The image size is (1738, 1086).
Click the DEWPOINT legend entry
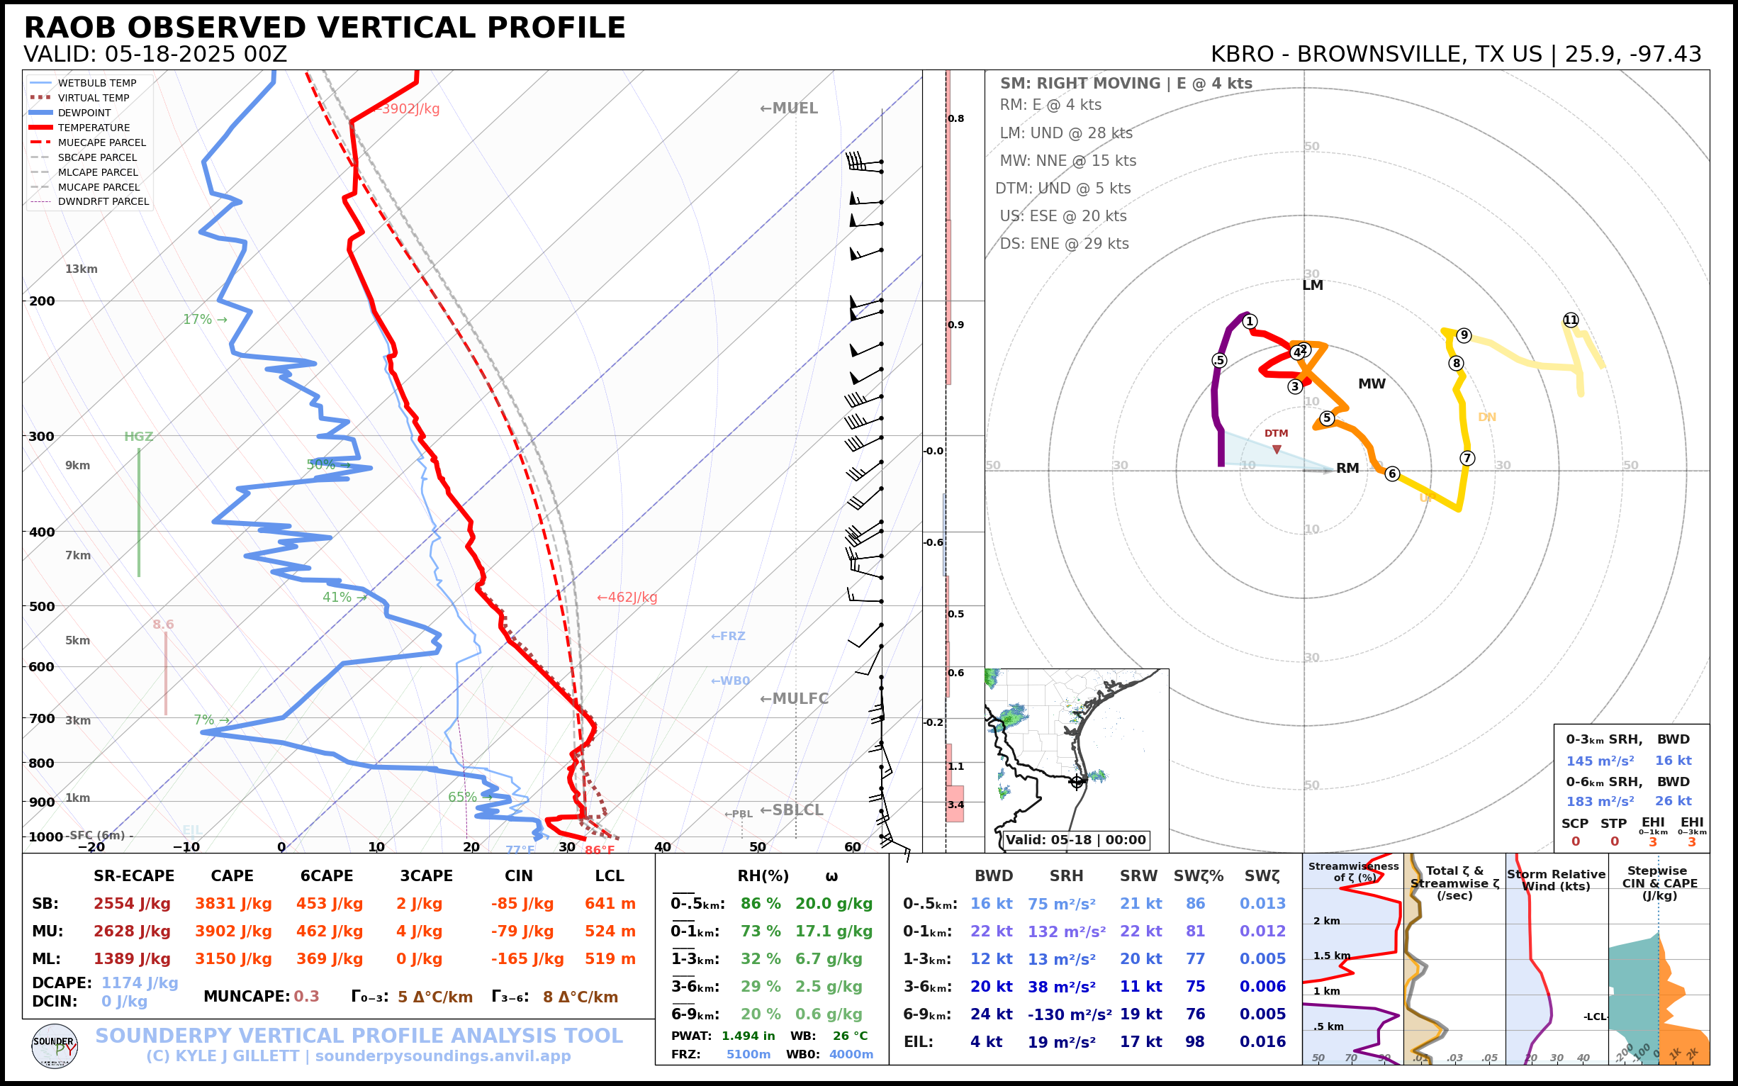coord(84,113)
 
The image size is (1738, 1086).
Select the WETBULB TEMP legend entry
coord(97,84)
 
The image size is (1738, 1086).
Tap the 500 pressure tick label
coord(42,606)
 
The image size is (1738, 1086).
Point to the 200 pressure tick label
coord(42,301)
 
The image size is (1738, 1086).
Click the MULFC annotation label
coord(795,698)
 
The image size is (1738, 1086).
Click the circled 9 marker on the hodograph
coord(1464,335)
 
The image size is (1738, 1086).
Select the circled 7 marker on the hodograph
coord(1467,458)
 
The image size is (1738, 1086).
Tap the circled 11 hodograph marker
coord(1571,320)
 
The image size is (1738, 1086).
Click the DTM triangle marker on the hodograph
coord(1276,449)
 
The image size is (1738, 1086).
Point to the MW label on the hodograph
coord(1372,384)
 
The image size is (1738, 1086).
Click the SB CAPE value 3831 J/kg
coord(233,904)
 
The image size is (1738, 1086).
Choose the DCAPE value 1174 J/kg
coord(140,983)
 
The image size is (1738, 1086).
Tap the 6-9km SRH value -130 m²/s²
coord(1070,1014)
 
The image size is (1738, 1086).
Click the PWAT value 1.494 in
coord(749,1036)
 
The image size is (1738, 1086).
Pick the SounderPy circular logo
coord(55,1046)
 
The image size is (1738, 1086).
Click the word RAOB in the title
coord(69,28)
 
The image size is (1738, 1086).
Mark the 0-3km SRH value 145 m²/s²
coord(1600,761)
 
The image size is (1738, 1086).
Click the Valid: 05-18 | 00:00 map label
coord(1075,839)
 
